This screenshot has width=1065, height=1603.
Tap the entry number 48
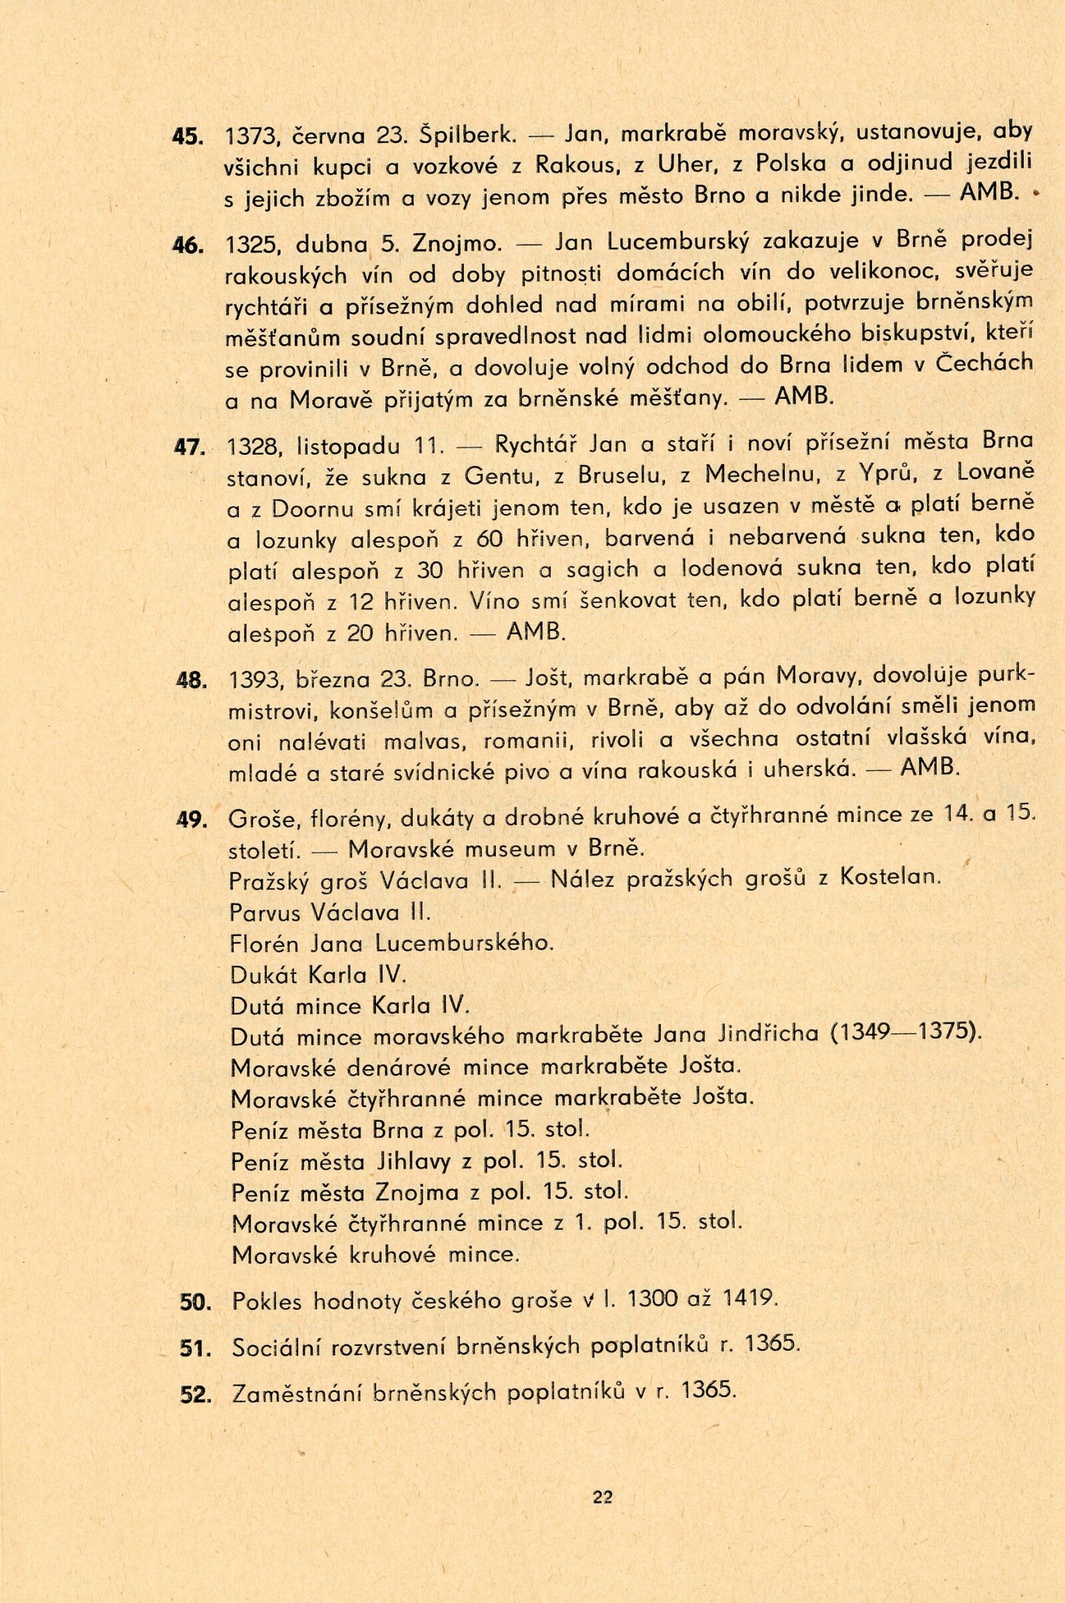190,680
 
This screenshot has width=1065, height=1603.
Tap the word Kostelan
891,878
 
